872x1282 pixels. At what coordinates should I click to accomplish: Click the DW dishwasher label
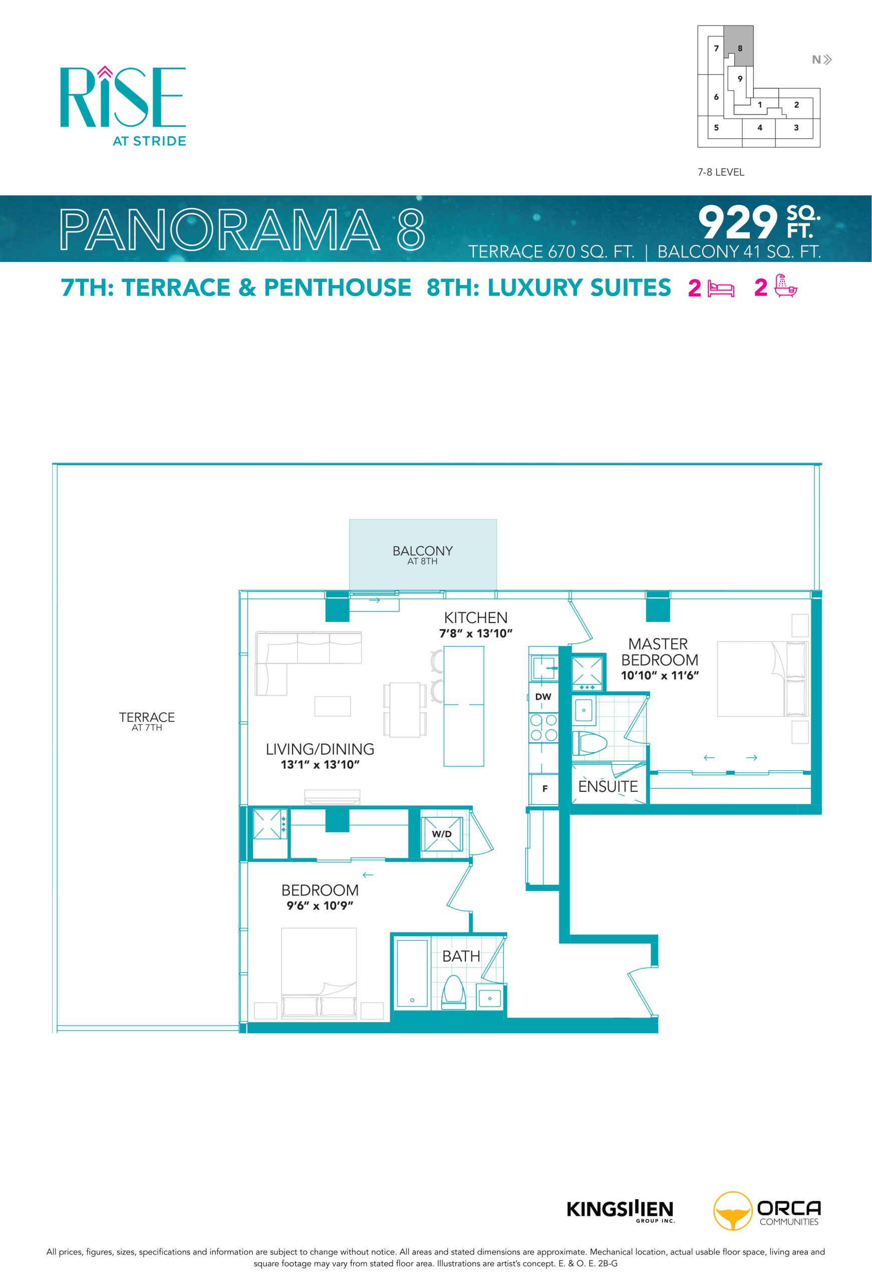543,697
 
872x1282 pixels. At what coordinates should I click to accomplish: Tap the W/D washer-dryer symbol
441,834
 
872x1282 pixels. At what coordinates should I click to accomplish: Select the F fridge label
544,789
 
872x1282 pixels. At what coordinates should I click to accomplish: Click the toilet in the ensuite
589,743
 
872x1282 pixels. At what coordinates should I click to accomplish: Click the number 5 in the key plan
716,127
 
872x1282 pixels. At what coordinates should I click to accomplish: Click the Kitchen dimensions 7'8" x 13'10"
475,633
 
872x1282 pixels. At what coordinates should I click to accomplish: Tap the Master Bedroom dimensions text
660,675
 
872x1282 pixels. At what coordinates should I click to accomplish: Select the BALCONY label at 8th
423,550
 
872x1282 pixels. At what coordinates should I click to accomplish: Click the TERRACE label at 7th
147,717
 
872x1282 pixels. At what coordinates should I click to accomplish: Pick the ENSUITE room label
608,787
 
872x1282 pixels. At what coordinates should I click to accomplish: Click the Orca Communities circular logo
732,1211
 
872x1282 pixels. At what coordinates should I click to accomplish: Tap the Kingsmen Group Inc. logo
620,1211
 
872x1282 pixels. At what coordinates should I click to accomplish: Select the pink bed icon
721,289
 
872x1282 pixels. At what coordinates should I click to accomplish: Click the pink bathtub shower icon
785,286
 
